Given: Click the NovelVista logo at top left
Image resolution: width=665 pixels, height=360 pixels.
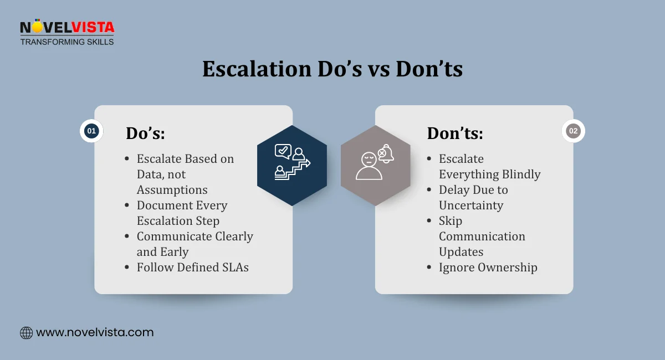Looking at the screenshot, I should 66,28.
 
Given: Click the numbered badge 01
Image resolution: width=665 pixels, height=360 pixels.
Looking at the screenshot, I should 91,131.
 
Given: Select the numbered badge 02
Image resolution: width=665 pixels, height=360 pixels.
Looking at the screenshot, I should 573,131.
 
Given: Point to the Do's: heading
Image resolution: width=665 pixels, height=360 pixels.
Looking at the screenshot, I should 145,133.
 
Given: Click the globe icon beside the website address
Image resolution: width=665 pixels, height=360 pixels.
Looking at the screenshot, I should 26,333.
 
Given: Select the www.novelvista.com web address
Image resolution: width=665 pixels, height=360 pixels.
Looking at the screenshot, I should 95,333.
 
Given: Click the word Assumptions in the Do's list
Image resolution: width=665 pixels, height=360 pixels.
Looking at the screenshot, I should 172,189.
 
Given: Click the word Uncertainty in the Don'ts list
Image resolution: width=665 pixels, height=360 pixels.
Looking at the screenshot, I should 471,205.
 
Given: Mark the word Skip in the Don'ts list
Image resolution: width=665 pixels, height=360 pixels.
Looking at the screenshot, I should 451,220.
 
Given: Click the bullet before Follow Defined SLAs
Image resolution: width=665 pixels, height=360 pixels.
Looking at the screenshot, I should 127,268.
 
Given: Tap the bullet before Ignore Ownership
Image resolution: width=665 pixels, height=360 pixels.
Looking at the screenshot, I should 429,268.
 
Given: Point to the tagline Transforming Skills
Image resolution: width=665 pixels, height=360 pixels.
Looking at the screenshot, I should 66,42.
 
